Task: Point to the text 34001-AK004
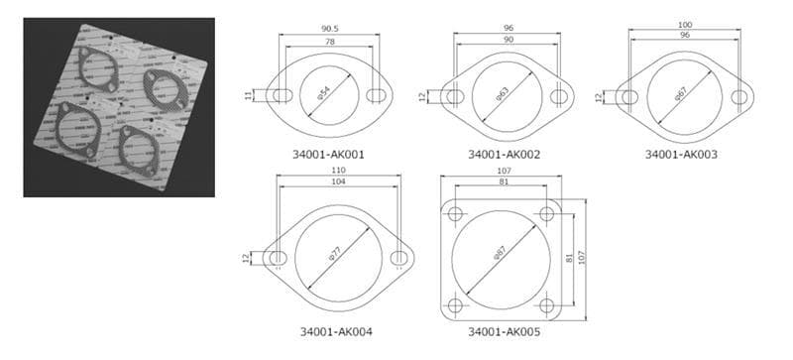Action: (336, 330)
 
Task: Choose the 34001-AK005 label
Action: (504, 330)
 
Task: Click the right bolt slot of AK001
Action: (376, 96)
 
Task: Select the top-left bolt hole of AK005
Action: (456, 214)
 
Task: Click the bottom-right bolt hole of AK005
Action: (547, 305)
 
